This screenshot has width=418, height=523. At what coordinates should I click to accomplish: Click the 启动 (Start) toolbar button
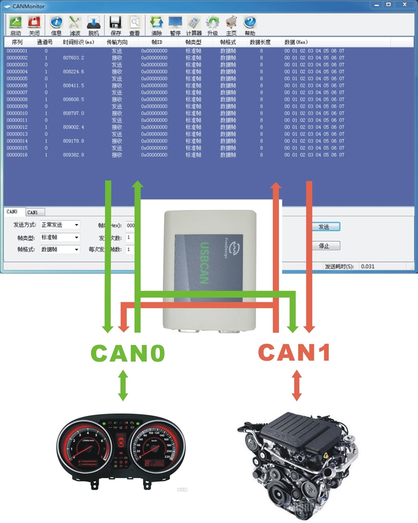point(16,25)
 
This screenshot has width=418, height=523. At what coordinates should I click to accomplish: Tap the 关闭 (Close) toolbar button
point(34,25)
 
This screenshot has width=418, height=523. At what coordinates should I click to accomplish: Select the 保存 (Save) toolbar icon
point(115,25)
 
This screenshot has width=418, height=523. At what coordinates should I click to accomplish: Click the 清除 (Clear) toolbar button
point(156,25)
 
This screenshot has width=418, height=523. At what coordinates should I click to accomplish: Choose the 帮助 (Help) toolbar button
point(250,25)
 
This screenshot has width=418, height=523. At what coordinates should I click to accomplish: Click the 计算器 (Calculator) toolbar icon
point(194,25)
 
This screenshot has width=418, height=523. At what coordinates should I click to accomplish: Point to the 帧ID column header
point(157,42)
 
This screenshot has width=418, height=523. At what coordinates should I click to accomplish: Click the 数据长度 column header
point(260,42)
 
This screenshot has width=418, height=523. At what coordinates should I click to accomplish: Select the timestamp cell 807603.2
point(73,57)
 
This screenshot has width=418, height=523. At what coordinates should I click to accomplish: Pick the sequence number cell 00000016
point(17,155)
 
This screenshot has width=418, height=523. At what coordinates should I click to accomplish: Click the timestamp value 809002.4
point(73,127)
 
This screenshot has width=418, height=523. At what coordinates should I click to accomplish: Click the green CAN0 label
point(128,353)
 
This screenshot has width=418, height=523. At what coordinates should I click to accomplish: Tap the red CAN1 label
point(295,353)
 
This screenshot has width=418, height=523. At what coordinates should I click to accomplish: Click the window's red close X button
point(404,5)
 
